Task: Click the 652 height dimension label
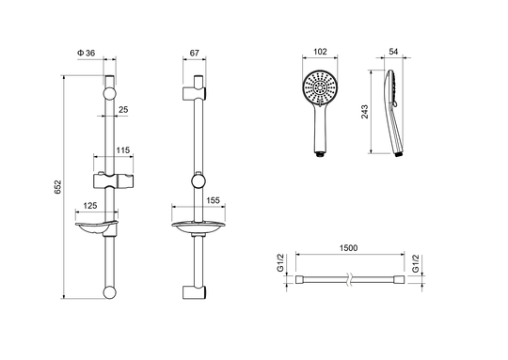57,187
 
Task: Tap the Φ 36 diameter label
87,53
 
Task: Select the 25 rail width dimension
123,110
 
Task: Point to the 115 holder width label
123,150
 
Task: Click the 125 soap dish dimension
90,206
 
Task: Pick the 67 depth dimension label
194,53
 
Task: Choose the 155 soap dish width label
213,200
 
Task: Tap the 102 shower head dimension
320,52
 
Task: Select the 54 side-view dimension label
393,52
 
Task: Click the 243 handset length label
365,112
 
